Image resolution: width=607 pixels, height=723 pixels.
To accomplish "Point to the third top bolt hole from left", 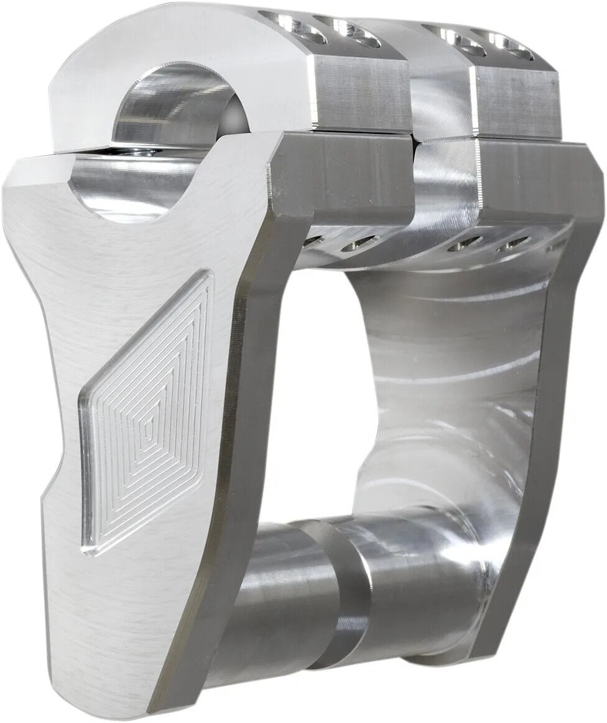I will point(454,37).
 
